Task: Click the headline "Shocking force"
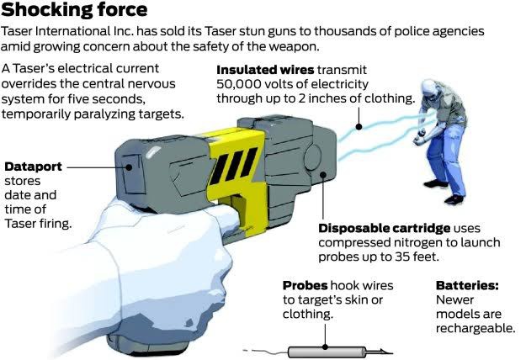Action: [x=76, y=11]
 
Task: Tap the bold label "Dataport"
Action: [x=32, y=166]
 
